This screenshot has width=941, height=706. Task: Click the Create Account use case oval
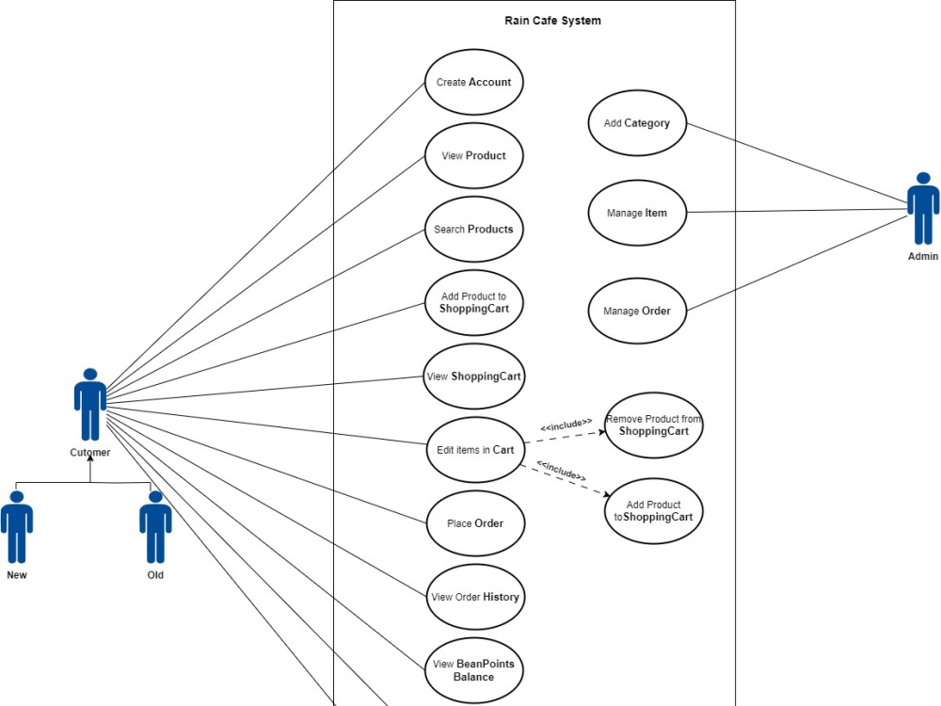[473, 82]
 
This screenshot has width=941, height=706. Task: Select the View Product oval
[473, 156]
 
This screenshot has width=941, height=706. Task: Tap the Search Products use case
[473, 230]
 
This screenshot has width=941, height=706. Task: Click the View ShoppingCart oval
[473, 377]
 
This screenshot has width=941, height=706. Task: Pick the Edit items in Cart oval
[475, 450]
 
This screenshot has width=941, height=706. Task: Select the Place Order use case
[475, 523]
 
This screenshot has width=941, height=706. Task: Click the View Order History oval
[475, 597]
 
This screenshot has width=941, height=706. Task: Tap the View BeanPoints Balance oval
[473, 670]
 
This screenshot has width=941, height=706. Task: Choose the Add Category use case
[637, 123]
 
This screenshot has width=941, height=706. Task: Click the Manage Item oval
[637, 213]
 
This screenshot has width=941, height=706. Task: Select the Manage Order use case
[637, 311]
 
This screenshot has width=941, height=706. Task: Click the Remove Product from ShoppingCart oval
[654, 425]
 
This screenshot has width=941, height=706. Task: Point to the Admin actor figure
[923, 208]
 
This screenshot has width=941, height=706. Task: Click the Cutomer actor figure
[90, 404]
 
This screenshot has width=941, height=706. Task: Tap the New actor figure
[17, 527]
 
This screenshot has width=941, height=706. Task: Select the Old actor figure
[155, 527]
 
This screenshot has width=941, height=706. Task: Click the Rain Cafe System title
[552, 21]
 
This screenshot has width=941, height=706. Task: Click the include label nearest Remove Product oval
[566, 425]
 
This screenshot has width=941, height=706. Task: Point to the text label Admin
[923, 256]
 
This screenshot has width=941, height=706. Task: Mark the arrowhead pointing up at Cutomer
[90, 458]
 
